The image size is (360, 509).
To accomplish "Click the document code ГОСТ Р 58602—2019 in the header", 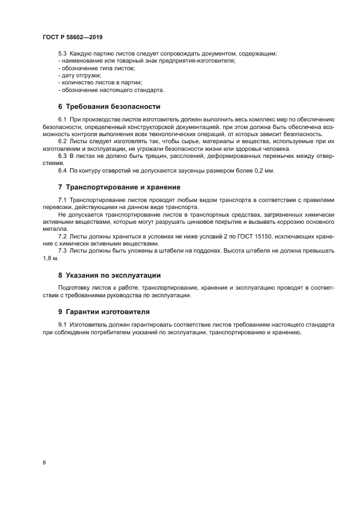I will point(72,38).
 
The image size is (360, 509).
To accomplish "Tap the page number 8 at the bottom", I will point(44,462).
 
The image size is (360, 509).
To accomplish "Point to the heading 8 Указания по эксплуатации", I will point(109,275).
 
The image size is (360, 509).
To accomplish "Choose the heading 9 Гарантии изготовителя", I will point(103,312).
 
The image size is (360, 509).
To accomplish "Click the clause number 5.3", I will point(62,54).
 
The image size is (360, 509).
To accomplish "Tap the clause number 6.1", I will point(62,119).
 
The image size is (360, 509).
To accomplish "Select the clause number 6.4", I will point(62,171).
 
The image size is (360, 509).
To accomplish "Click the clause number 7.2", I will point(62,236).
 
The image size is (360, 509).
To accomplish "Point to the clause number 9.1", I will point(62,325).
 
